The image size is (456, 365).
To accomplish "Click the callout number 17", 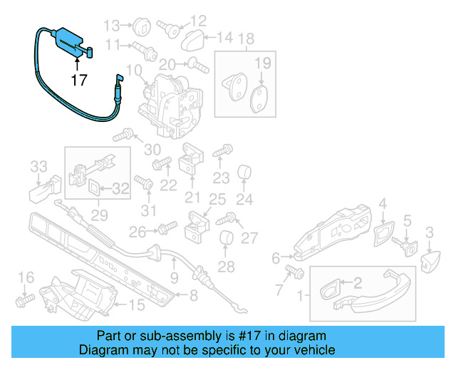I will coord(79,81).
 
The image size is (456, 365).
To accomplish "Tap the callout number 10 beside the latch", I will coord(134,72).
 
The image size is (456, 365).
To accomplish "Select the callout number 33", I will coord(38,168).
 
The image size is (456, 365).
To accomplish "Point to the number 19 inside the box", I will coord(263,64).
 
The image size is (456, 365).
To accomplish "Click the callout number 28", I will coord(226,267).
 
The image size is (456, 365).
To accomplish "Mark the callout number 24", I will coord(244,199).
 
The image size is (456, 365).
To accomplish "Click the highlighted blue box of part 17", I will coord(68,38).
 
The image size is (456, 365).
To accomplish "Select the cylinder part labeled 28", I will coord(227,240).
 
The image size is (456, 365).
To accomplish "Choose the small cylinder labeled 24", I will coord(245,173).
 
